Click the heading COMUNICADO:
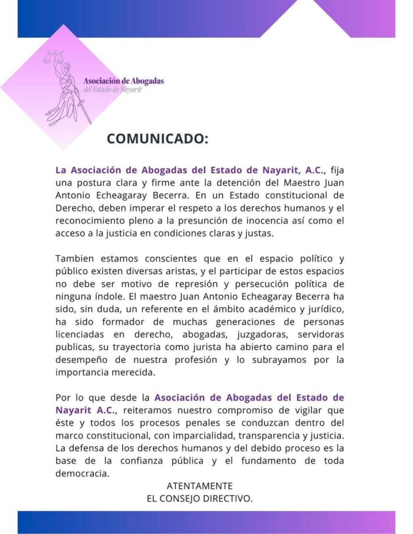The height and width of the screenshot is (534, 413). point(157,139)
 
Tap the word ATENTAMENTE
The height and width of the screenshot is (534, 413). point(199,486)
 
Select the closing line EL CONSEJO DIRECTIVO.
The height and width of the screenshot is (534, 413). point(199,499)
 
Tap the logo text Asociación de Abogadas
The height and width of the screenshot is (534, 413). point(123,81)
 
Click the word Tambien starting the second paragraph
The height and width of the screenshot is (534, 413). point(75,259)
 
